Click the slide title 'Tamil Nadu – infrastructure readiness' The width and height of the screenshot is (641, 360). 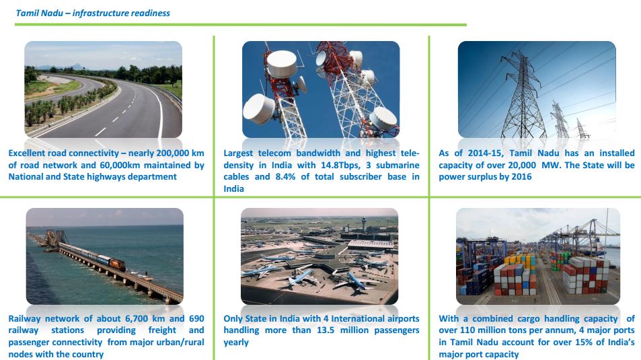[93, 13]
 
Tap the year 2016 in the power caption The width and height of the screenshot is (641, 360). [522, 177]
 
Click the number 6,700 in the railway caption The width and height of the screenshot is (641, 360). [137, 319]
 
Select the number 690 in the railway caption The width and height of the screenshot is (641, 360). [196, 319]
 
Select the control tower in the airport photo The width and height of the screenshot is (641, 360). [364, 224]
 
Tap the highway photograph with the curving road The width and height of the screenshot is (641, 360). [103, 89]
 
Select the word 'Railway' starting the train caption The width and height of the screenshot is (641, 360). [24, 319]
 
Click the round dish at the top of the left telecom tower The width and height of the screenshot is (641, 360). [282, 64]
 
